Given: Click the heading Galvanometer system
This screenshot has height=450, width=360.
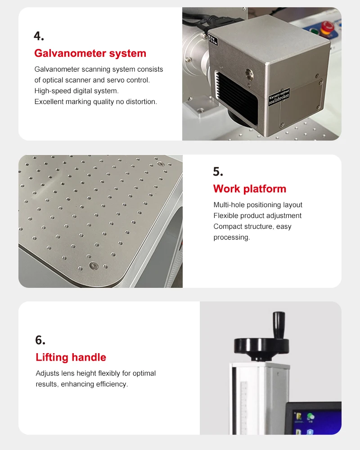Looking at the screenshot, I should (x=90, y=54).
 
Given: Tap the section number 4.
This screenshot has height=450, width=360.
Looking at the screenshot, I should (x=39, y=36).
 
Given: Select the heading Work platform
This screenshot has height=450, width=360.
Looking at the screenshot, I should (x=249, y=189).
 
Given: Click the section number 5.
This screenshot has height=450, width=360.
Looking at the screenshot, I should (x=218, y=172).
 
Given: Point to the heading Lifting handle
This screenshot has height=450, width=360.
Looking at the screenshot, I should (x=71, y=358).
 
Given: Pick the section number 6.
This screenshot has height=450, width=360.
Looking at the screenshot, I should (x=40, y=340).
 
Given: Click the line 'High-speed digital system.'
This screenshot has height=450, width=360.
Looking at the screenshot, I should (x=76, y=91).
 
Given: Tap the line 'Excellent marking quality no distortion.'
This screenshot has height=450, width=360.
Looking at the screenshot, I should (x=95, y=102).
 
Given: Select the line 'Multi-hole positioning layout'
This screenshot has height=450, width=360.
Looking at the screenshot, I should (x=257, y=205).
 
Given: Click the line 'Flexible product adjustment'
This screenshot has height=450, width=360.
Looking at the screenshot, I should (x=257, y=216).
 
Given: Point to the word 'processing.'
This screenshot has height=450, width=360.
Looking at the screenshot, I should (x=231, y=237).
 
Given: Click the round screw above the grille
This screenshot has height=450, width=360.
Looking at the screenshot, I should (x=248, y=71).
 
